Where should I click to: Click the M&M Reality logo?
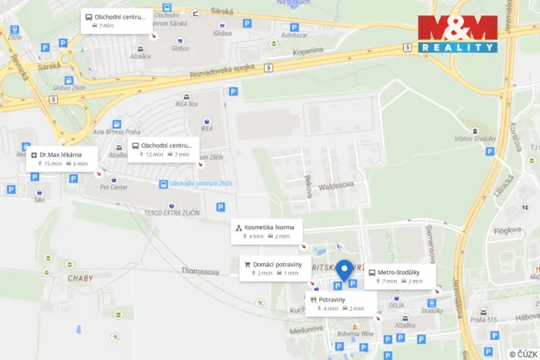point(458,33)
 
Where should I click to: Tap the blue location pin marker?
point(345,270)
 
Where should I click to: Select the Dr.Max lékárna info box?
point(64,158)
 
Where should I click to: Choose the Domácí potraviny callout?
point(275,268)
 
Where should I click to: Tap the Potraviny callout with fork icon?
point(340,303)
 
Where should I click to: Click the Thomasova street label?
point(200,271)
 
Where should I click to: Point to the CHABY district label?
point(80,278)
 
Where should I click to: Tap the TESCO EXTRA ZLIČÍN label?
point(178,213)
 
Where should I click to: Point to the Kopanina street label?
point(308,51)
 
